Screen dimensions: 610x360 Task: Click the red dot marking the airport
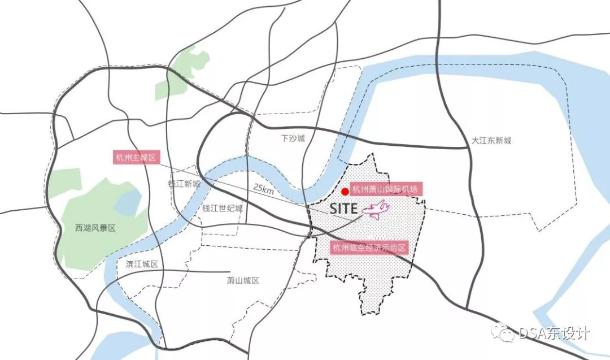pos(345,191)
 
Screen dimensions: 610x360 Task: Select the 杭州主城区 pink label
pos(135,158)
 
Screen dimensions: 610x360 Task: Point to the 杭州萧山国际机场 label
pos(386,189)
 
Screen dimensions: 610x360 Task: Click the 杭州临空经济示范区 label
pos(368,247)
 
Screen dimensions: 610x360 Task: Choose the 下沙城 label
pos(293,138)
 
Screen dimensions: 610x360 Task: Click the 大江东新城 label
pos(491,141)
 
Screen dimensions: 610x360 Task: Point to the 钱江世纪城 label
pos(223,208)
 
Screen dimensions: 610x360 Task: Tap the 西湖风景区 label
pos(95,228)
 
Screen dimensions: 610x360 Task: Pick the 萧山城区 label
pos(242,280)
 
